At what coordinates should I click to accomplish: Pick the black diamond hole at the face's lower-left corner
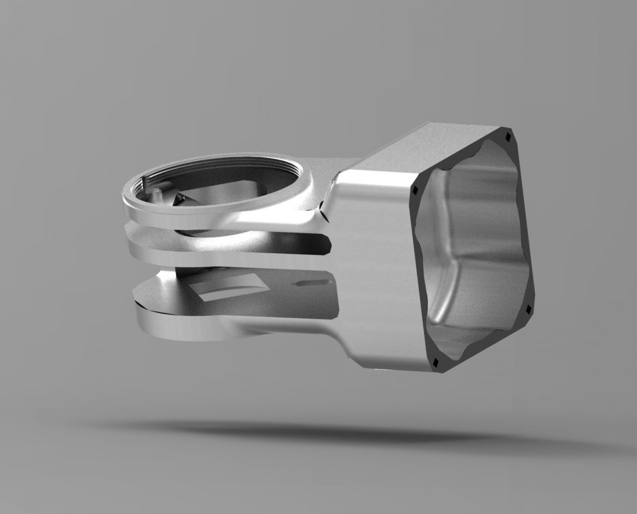tap(436, 362)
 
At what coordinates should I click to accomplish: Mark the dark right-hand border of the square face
tap(525, 229)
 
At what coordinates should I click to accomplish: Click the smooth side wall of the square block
tap(376, 272)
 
